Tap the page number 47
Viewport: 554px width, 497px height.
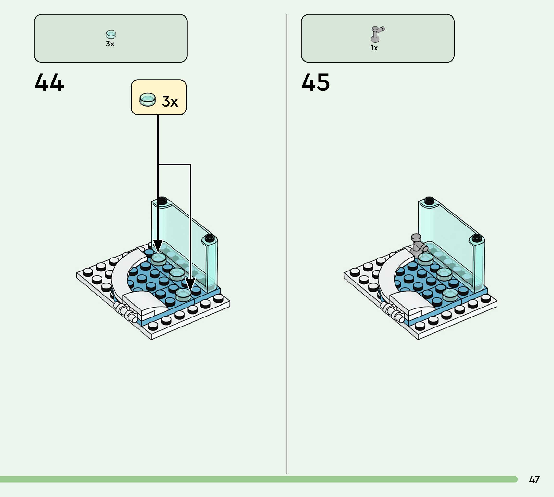pos(534,479)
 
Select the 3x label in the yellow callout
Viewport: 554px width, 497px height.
pos(170,101)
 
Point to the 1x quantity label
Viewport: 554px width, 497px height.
pos(374,48)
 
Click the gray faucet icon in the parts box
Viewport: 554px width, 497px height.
pos(377,34)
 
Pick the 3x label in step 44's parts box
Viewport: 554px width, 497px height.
pos(110,44)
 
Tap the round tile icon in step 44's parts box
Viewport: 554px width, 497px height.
pos(111,34)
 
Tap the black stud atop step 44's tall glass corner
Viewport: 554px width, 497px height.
pos(163,200)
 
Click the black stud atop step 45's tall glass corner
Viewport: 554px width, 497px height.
pos(429,200)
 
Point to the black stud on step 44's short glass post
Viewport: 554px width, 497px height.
pos(209,238)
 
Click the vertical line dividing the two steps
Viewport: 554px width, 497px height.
pos(287,246)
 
